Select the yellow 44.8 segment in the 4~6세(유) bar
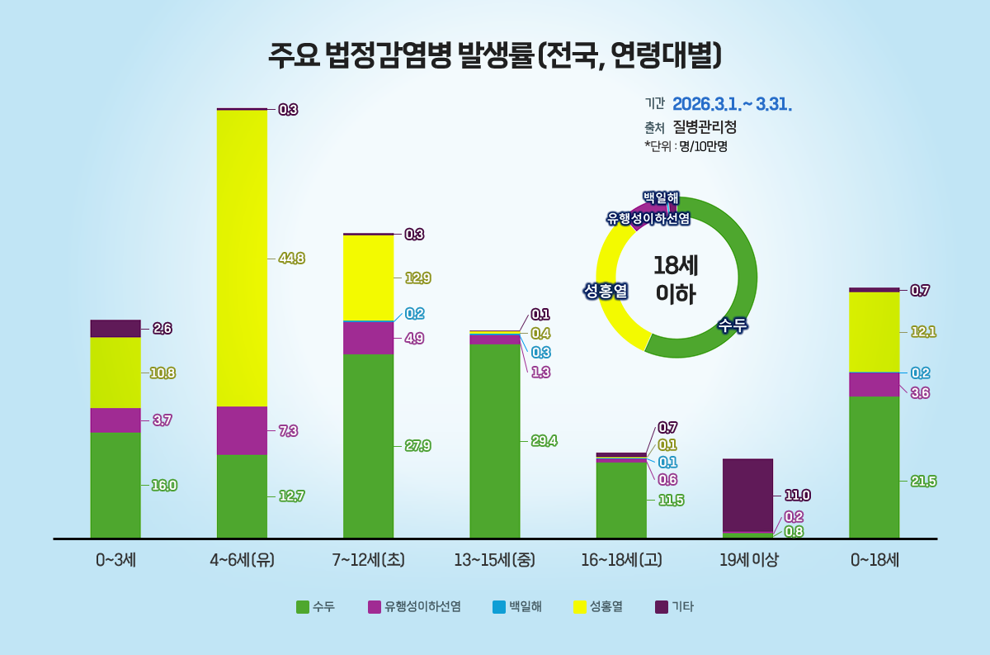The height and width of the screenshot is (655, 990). pyautogui.click(x=242, y=258)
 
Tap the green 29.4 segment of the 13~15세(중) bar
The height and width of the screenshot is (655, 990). pyautogui.click(x=494, y=441)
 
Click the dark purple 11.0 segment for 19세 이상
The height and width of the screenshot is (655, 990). pyautogui.click(x=747, y=495)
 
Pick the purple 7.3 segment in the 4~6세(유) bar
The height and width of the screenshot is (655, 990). pyautogui.click(x=242, y=430)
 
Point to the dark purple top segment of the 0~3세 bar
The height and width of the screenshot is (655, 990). pyautogui.click(x=115, y=328)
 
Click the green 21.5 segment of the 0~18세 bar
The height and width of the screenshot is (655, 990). pyautogui.click(x=874, y=467)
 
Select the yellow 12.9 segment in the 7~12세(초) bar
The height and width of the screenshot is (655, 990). pyautogui.click(x=368, y=278)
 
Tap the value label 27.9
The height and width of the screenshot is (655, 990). pyautogui.click(x=417, y=446)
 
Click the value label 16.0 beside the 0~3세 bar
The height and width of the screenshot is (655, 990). pyautogui.click(x=164, y=486)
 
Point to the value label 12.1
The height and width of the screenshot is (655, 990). pyautogui.click(x=923, y=332)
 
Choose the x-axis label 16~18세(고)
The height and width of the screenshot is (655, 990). pyautogui.click(x=621, y=560)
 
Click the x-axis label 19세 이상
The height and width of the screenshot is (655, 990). pyautogui.click(x=747, y=560)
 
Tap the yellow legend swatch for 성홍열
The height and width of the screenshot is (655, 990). pyautogui.click(x=579, y=607)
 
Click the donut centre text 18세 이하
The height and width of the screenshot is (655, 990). pyautogui.click(x=676, y=279)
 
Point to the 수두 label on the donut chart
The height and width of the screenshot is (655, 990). pyautogui.click(x=732, y=325)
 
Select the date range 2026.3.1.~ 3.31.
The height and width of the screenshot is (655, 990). pyautogui.click(x=733, y=105)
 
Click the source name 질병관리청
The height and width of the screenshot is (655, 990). pyautogui.click(x=705, y=127)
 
